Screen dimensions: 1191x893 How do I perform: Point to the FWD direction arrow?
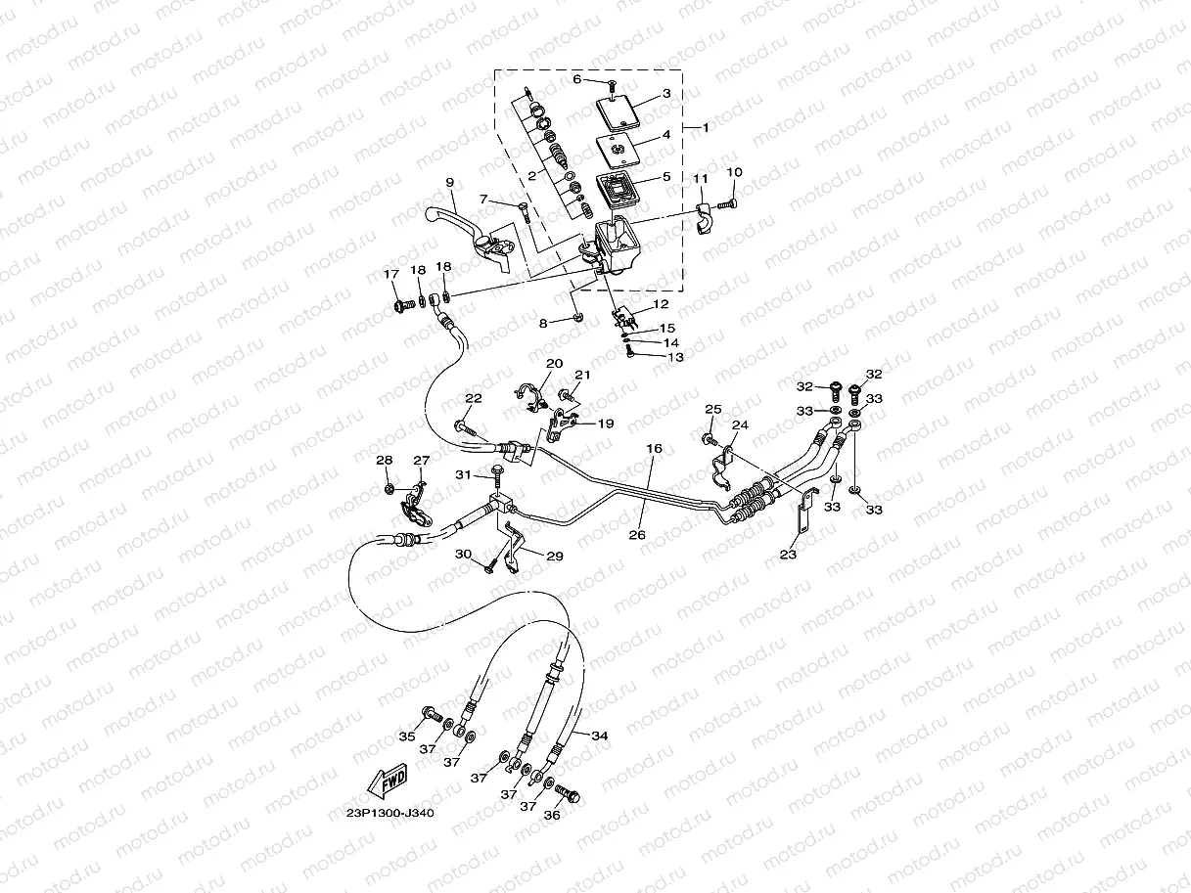click(x=388, y=781)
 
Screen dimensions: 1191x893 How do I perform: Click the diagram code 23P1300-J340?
click(x=389, y=814)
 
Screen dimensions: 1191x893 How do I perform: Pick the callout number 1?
click(x=706, y=128)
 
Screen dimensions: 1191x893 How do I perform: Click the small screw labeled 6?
click(x=612, y=84)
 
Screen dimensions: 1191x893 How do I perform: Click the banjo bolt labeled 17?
click(x=405, y=307)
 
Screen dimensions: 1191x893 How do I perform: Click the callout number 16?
click(x=655, y=448)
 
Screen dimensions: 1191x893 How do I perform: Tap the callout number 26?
click(x=637, y=535)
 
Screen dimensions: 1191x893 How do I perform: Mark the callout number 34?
click(x=599, y=736)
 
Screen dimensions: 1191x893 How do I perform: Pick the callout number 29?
click(x=555, y=556)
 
